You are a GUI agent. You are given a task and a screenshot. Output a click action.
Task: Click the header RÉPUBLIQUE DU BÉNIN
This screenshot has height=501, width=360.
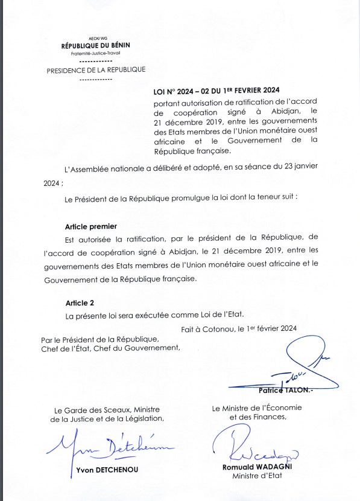[95, 46]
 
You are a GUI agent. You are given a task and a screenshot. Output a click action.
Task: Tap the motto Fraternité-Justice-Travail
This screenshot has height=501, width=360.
[95, 53]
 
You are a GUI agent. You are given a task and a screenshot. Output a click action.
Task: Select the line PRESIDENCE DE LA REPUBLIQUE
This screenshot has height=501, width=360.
[96, 70]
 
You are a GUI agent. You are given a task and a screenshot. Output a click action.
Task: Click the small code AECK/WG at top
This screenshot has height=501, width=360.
[96, 37]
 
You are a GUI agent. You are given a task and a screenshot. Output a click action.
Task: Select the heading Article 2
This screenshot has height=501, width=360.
[79, 302]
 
